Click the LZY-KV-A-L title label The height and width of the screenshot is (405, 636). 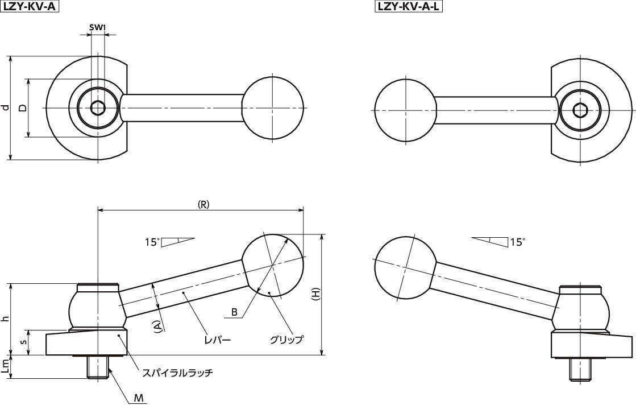[408, 6]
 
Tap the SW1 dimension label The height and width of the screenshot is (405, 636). [98, 28]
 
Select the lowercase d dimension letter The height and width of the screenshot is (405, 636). [5, 108]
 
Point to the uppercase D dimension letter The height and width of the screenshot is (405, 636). [23, 108]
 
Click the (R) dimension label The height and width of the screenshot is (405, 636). [203, 204]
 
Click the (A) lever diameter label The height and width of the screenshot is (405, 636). [158, 327]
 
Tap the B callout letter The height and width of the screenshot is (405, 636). [234, 312]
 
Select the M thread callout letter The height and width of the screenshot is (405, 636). [139, 398]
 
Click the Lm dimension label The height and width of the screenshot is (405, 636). [5, 367]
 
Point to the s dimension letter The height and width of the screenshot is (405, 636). [24, 342]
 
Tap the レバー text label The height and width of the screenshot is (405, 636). [218, 339]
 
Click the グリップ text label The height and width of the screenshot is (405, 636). [287, 339]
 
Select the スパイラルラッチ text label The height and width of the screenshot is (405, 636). [177, 372]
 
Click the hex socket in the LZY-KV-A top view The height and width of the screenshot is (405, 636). [98, 108]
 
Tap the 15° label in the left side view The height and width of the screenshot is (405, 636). [152, 242]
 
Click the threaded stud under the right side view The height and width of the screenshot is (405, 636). [579, 370]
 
